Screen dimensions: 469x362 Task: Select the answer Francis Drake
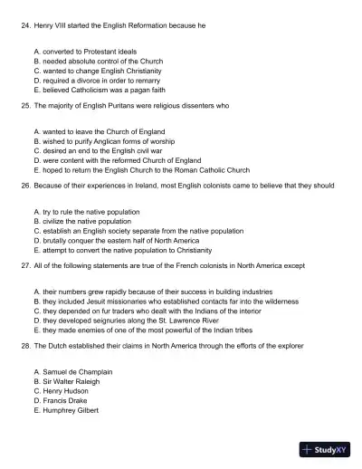coord(66,399)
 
